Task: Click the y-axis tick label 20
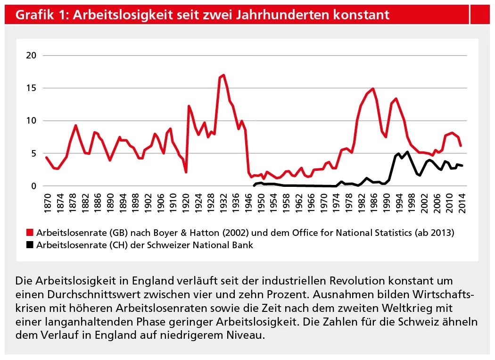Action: pos(32,55)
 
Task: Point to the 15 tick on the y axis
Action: pos(32,88)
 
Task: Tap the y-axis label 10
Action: pos(32,121)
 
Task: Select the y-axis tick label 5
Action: pos(33,153)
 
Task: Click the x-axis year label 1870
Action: pos(46,201)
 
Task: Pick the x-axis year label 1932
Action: pos(222,201)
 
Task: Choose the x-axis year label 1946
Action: pos(248,201)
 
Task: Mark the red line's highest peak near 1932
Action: pos(223,75)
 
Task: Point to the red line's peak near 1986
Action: pos(373,89)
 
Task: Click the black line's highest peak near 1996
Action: pos(407,152)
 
